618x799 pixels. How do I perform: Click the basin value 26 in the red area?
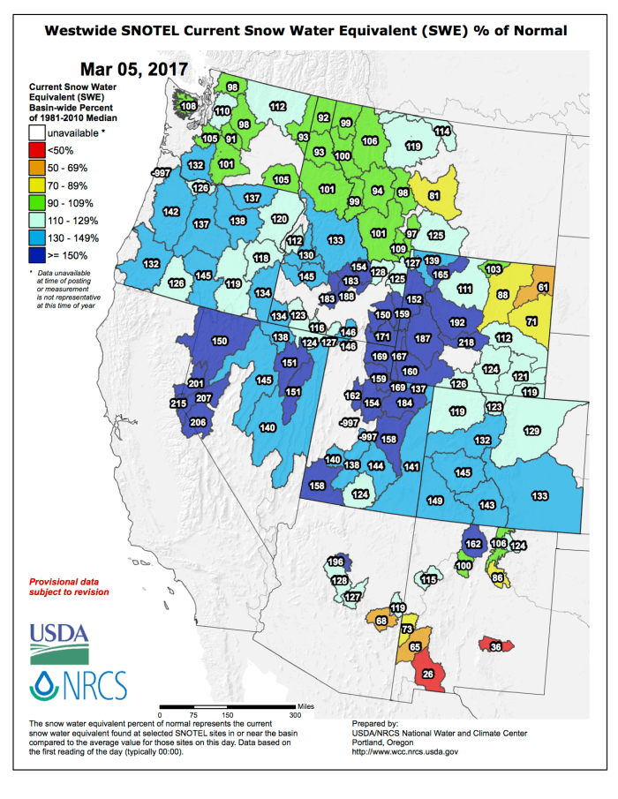428,675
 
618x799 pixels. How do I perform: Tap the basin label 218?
466,343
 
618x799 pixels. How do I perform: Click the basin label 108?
188,107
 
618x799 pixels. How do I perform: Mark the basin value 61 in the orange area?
542,288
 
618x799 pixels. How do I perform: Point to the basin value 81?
433,195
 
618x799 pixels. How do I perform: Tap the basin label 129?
531,431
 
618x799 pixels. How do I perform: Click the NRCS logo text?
79,685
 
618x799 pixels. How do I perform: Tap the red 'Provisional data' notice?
69,587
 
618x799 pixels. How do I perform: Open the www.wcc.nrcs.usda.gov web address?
405,751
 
